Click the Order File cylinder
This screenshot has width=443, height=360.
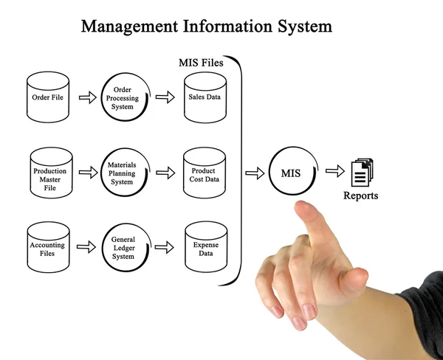[48, 97]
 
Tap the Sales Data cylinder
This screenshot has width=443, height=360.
[205, 97]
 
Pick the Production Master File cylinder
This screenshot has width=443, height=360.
[50, 176]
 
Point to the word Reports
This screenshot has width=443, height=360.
[360, 196]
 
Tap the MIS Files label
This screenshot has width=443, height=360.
[201, 63]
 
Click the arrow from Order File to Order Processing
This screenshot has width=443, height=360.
[87, 97]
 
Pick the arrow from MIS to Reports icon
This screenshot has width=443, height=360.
[335, 172]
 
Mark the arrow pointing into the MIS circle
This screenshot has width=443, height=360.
[254, 173]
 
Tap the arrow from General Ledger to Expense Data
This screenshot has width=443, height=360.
[165, 247]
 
